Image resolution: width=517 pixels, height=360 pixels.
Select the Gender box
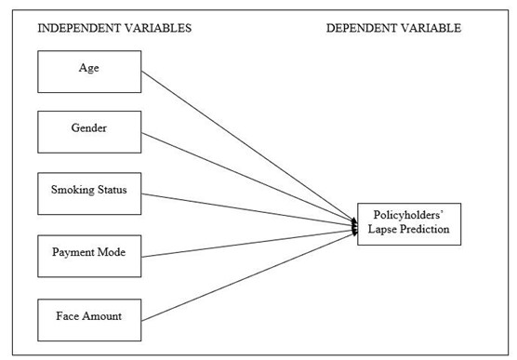(88, 131)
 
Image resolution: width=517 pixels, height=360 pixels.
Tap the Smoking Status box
(88, 193)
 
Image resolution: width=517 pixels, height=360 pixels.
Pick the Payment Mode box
(88, 254)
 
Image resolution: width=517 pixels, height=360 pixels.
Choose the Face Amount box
(88, 315)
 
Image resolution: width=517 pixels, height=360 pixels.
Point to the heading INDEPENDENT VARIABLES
(114, 28)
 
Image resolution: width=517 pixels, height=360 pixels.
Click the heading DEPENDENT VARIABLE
(393, 28)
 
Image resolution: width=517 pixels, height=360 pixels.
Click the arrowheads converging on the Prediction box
(354, 224)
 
